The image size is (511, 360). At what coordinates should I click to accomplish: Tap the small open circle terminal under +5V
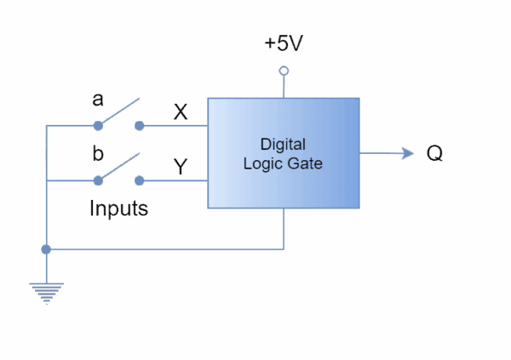click(x=284, y=71)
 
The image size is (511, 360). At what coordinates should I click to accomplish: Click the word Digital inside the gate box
click(x=283, y=144)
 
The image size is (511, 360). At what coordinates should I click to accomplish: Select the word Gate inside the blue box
click(x=305, y=163)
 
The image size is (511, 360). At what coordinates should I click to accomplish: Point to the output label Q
click(x=434, y=154)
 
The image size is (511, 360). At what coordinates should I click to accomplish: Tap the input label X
click(x=181, y=111)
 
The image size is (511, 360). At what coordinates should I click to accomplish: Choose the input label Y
click(x=181, y=167)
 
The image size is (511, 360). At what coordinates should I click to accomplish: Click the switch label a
click(x=98, y=100)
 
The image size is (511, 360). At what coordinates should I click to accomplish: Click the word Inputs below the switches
click(x=119, y=209)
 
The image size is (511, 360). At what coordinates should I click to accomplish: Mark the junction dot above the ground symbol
click(x=46, y=249)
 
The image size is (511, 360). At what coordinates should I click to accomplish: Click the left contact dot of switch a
click(x=98, y=126)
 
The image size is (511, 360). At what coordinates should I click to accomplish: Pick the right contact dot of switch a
click(x=140, y=126)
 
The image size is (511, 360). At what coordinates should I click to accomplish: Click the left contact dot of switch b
click(x=98, y=180)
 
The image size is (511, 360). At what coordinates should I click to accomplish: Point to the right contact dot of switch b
click(x=140, y=180)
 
